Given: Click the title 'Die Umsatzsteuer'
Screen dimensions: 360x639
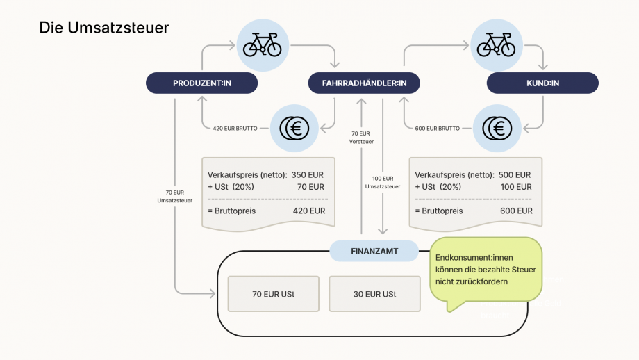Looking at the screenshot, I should pos(104,28).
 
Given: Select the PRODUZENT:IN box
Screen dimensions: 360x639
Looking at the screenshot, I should pos(201,83).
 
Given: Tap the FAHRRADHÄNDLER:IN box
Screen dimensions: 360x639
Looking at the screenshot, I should pos(365,83).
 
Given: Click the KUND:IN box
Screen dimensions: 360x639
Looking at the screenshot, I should pos(542,83).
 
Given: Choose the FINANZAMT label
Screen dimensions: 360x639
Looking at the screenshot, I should pos(374,251).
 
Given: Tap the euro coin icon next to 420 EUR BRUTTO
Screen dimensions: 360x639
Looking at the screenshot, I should pos(294,128).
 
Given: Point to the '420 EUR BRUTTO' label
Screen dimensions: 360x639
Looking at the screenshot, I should pos(235,129).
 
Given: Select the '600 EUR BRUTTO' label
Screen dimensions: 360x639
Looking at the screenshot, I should pos(435,129).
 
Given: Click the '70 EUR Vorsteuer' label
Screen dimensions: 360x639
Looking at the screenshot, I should pos(361,138).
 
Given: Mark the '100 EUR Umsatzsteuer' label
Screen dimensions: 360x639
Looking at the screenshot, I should pos(383,182).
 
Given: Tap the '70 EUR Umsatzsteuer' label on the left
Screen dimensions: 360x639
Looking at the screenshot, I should pos(174,197).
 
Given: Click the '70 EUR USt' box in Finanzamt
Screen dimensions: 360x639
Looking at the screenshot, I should pos(273,294).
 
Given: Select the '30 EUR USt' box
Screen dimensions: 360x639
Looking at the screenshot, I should pos(374,294).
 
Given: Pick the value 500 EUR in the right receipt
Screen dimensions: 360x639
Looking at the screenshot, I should pos(515,175).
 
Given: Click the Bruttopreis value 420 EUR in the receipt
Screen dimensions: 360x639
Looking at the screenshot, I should pos(308,211).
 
